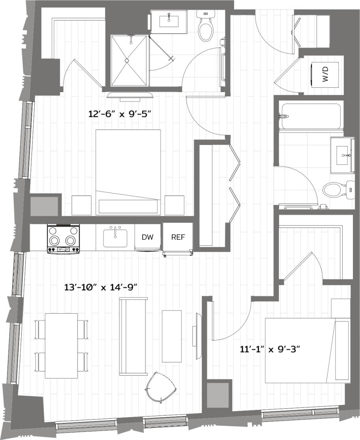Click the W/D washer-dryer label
pyautogui.click(x=326, y=73)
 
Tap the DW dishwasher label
pyautogui.click(x=148, y=237)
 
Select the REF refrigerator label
pyautogui.click(x=177, y=237)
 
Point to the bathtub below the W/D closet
pyautogui.click(x=310, y=116)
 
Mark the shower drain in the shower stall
pyautogui.click(x=127, y=60)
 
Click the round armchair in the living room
pyautogui.click(x=161, y=387)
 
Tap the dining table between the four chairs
pyautogui.click(x=61, y=345)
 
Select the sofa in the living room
pyautogui.click(x=133, y=336)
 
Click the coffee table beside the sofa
pyautogui.click(x=172, y=336)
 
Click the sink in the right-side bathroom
pyautogui.click(x=342, y=154)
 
